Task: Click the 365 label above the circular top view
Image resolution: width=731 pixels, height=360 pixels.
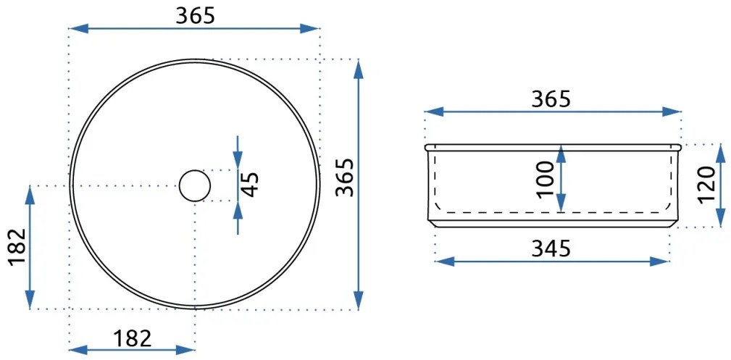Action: tap(195, 15)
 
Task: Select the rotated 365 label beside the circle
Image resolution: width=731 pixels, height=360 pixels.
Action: tap(346, 177)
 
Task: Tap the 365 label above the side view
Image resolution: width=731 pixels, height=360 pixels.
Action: tap(551, 99)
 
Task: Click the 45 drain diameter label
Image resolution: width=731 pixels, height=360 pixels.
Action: tap(251, 185)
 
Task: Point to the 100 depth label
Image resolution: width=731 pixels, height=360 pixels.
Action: tap(545, 180)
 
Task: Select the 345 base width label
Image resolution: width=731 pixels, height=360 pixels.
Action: tap(551, 249)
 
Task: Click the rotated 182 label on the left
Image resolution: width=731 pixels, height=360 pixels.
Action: tap(17, 246)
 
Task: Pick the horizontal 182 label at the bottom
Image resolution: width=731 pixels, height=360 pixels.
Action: tap(133, 338)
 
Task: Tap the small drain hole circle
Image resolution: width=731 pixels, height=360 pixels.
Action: tap(195, 185)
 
